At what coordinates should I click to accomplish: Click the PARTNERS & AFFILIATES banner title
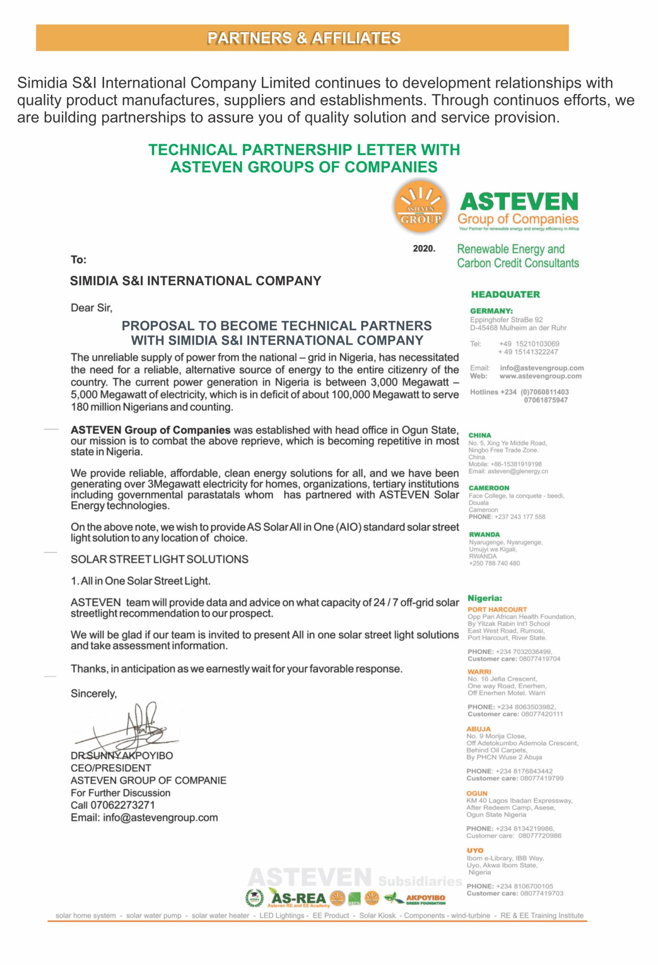303,38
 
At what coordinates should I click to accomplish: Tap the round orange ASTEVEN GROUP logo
420,206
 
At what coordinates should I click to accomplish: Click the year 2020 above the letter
424,248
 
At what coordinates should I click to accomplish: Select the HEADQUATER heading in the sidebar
505,294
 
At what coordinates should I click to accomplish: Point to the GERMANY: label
491,311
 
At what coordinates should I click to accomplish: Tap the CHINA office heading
479,435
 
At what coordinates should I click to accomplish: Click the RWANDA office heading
484,534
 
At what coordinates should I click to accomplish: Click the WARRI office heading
479,671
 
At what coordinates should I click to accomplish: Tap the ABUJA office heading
478,729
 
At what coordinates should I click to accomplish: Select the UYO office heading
474,850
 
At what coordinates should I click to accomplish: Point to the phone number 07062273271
122,805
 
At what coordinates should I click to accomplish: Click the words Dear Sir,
91,308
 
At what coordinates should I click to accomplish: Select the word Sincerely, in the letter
93,694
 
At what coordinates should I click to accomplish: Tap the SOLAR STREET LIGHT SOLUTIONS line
159,559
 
